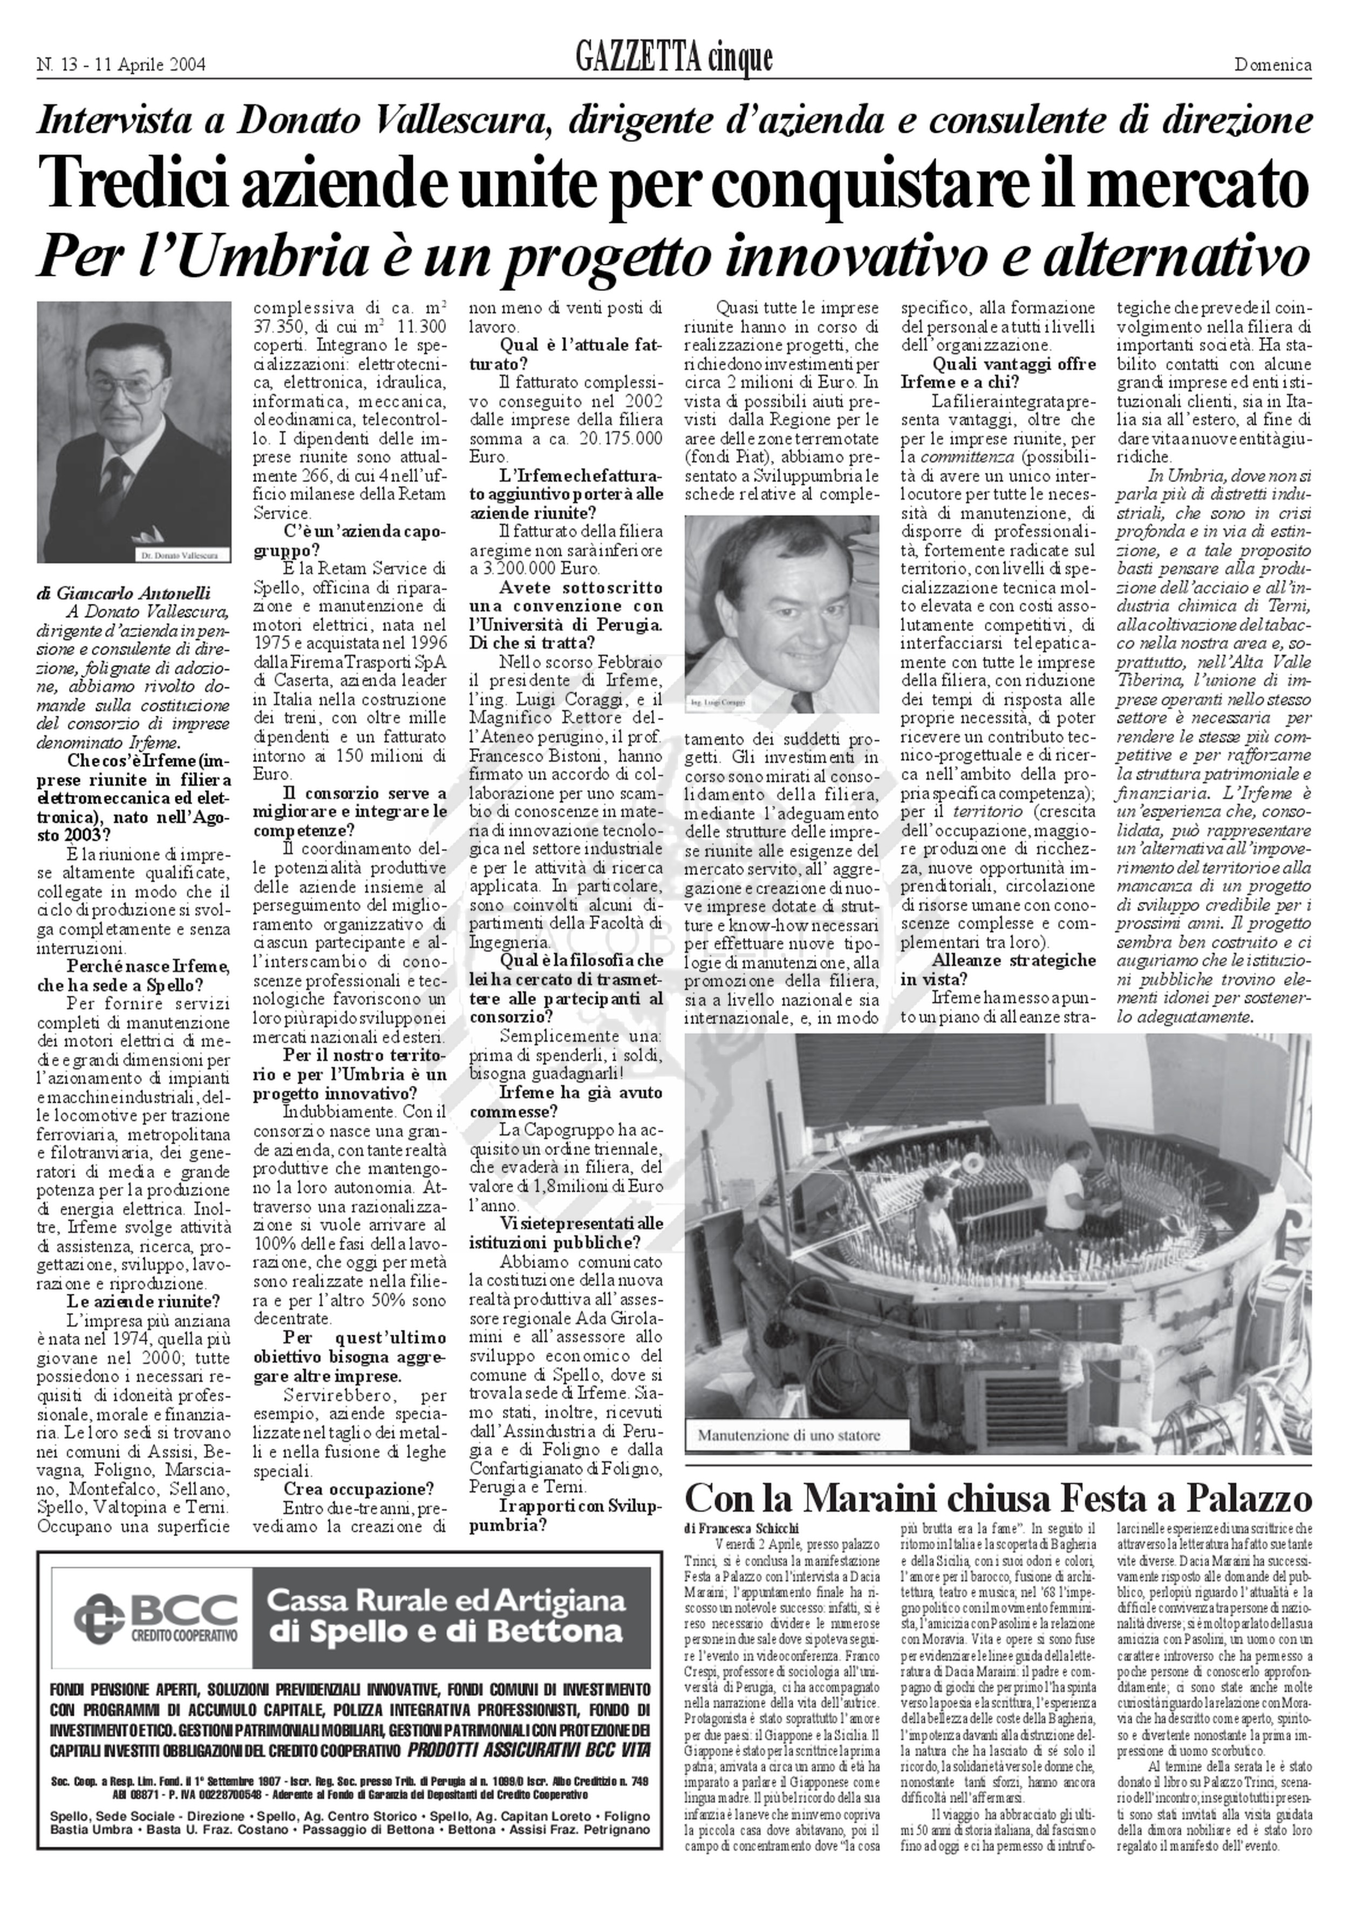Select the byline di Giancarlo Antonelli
[124, 593]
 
